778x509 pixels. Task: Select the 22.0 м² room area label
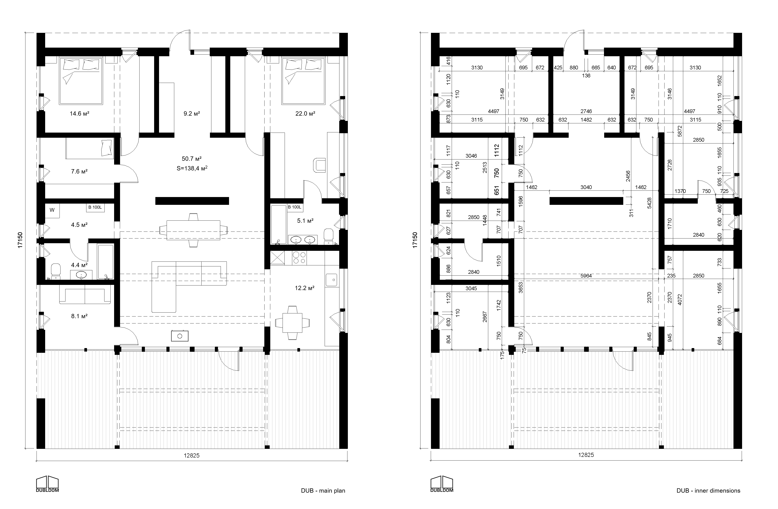[x=305, y=114]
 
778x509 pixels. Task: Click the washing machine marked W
[x=52, y=210]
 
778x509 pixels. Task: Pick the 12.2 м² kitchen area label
[x=305, y=288]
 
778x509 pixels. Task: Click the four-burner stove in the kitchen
[x=299, y=258]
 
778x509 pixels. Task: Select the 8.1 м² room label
[x=79, y=316]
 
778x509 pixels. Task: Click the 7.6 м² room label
[x=79, y=171]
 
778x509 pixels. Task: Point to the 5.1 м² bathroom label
[x=305, y=221]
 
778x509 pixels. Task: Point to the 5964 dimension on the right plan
[x=586, y=276]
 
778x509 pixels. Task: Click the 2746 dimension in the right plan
[x=586, y=111]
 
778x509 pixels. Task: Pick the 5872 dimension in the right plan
[x=680, y=131]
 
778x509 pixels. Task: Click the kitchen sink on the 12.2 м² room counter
[x=332, y=280]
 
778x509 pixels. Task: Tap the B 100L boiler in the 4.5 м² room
[x=95, y=207]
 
